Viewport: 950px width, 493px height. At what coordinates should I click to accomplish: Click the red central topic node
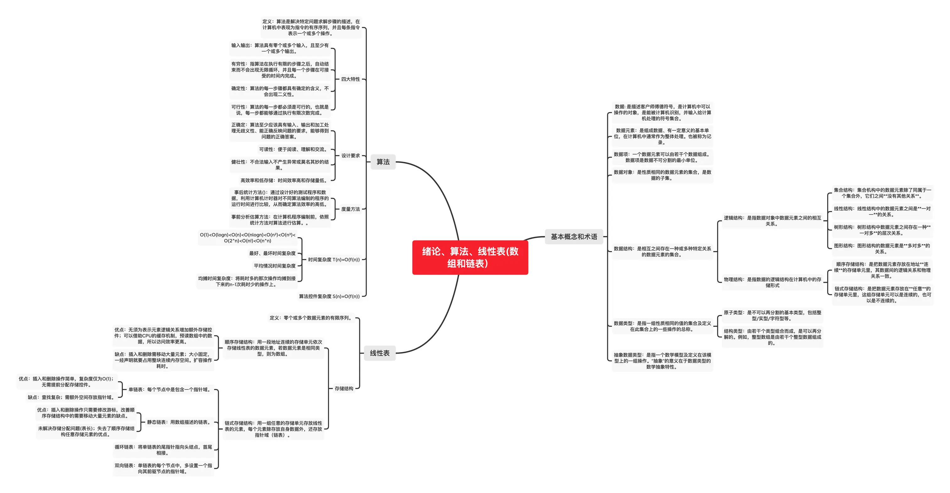click(470, 257)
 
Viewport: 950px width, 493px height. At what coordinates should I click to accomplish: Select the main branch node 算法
click(383, 162)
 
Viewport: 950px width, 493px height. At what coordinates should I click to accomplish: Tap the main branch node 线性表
click(379, 353)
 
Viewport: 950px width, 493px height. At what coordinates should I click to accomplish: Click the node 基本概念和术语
click(574, 237)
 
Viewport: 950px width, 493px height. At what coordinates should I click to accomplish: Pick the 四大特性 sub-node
click(350, 79)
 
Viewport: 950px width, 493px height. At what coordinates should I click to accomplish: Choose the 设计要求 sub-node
click(350, 155)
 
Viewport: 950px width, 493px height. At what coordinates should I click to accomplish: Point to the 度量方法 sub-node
click(350, 209)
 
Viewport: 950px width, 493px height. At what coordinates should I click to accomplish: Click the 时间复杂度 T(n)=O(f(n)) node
click(333, 260)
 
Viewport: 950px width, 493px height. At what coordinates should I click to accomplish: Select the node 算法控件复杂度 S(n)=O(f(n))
click(329, 296)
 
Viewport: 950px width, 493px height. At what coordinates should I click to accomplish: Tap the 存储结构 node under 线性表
click(344, 389)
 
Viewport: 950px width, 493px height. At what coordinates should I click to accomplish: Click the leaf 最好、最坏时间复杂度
click(272, 253)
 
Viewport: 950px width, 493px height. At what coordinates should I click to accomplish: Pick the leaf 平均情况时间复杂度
click(274, 266)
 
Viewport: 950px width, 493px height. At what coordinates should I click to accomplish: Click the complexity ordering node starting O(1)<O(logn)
click(248, 238)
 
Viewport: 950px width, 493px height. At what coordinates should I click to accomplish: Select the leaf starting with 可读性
click(293, 149)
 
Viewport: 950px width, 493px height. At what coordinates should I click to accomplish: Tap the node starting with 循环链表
click(163, 450)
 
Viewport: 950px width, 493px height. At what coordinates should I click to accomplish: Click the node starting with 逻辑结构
click(772, 221)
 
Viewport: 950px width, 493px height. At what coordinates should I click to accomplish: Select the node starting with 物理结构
click(772, 282)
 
